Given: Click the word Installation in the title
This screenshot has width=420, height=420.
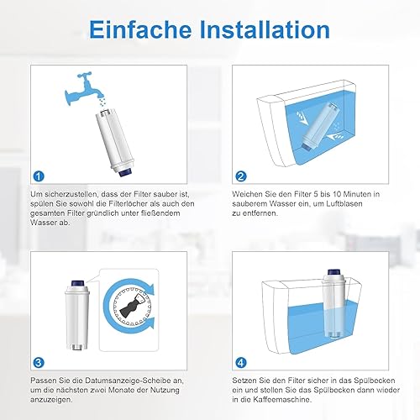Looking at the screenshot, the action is (265, 29).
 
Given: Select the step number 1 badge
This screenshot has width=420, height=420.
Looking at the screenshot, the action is (39, 176).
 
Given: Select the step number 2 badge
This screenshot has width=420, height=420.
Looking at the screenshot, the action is (241, 176).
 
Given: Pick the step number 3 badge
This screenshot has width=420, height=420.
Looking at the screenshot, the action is (39, 363).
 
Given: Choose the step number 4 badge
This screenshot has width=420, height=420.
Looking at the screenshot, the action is (241, 363).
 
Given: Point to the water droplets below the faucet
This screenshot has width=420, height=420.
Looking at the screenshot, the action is (103, 102).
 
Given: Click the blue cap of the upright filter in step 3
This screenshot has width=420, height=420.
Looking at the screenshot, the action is (76, 284).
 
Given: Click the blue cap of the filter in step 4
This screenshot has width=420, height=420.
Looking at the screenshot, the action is (333, 272).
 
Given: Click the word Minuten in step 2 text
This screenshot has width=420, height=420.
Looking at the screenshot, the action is (357, 194).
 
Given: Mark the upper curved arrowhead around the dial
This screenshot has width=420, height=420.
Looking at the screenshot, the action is (150, 289).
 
